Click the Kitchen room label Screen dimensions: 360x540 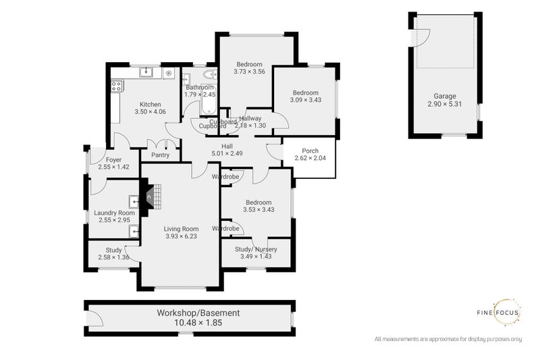150,104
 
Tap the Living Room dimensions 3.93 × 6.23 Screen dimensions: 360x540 181,237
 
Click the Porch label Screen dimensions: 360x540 310,151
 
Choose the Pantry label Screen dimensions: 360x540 160,155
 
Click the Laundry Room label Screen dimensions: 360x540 114,213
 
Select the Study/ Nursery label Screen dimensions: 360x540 256,249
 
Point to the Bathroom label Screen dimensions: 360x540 200,87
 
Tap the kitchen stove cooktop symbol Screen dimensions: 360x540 116,86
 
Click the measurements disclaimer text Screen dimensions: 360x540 448,338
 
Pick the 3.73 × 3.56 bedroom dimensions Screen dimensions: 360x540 249,71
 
